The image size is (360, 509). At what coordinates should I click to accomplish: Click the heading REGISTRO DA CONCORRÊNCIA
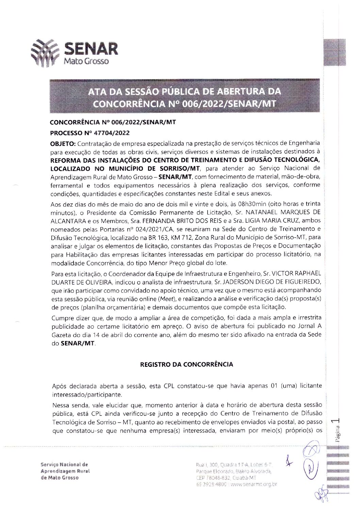pos(186,364)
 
